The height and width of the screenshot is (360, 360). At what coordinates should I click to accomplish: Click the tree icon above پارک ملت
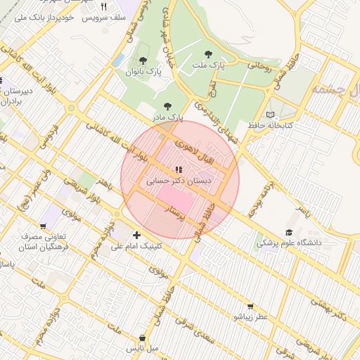pyautogui.click(x=207, y=54)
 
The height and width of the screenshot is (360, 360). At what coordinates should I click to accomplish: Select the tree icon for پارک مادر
pyautogui.click(x=167, y=106)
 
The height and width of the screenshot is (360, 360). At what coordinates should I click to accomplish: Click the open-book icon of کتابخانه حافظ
pyautogui.click(x=271, y=115)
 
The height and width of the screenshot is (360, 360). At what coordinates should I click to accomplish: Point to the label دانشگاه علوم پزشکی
pyautogui.click(x=288, y=243)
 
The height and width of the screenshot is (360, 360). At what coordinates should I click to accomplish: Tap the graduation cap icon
pyautogui.click(x=288, y=233)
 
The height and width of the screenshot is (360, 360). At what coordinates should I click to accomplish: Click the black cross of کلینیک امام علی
pyautogui.click(x=136, y=235)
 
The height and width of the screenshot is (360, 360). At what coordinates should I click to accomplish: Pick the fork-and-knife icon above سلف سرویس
pyautogui.click(x=103, y=6)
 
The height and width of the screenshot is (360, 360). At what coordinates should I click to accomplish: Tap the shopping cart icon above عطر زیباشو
pyautogui.click(x=251, y=307)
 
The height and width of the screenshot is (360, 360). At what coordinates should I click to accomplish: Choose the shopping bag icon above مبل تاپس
pyautogui.click(x=143, y=338)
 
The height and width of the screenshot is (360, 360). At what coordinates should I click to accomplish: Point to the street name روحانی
pyautogui.click(x=258, y=65)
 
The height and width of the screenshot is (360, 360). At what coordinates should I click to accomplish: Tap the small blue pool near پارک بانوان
pyautogui.click(x=117, y=60)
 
